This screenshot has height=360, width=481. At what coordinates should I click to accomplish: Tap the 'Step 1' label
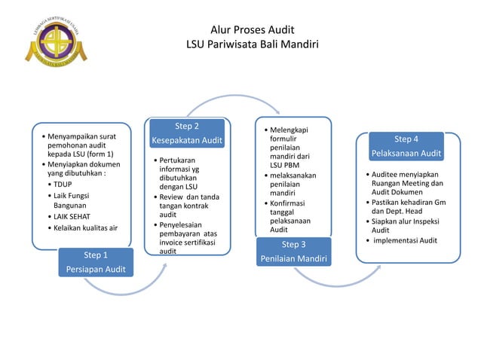(95, 255)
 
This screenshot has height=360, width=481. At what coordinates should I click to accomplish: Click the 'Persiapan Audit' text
(95, 270)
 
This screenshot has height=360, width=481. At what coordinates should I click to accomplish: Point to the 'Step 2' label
(187, 126)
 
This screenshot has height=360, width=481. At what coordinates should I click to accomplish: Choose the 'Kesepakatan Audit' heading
(187, 141)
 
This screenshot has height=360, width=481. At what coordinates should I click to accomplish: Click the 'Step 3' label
(293, 245)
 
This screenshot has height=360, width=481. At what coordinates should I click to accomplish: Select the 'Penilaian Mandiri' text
(293, 260)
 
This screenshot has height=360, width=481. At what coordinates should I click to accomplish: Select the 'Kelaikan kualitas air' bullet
(85, 227)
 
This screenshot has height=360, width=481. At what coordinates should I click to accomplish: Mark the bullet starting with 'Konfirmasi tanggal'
(290, 213)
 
